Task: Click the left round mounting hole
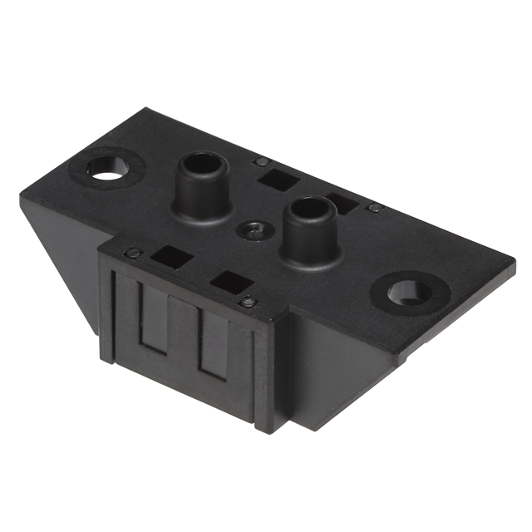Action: tap(107, 167)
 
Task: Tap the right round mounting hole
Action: tap(409, 292)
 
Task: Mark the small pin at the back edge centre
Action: tap(261, 161)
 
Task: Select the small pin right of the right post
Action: tap(375, 208)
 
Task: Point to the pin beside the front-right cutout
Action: tap(247, 303)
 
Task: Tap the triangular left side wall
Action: tap(62, 249)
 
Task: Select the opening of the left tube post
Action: tap(200, 164)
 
